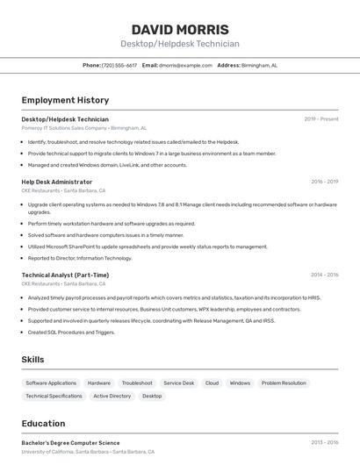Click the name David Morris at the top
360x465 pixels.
click(180, 30)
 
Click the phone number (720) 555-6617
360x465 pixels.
click(119, 65)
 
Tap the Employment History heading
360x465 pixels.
click(65, 100)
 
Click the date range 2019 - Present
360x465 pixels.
click(321, 118)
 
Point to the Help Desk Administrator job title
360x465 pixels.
click(57, 182)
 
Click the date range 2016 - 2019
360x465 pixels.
click(324, 182)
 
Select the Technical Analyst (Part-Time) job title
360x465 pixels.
click(65, 275)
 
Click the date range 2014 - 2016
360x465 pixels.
click(324, 275)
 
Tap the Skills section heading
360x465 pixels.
click(32, 360)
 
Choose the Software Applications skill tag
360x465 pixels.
click(51, 383)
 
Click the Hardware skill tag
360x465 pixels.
click(99, 383)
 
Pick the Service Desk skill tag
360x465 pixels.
click(179, 383)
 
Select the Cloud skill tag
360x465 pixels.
click(212, 383)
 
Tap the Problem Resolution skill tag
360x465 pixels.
click(284, 383)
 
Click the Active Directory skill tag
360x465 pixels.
click(112, 397)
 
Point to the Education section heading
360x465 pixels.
click(43, 424)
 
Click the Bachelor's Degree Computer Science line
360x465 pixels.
click(70, 443)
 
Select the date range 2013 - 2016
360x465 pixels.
click(324, 443)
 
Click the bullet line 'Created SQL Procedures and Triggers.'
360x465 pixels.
click(71, 333)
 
